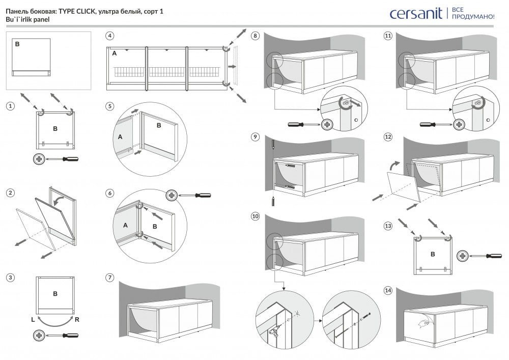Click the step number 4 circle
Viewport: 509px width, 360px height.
coord(109,36)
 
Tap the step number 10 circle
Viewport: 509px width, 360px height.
coord(255,216)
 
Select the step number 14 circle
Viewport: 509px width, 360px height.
coord(388,290)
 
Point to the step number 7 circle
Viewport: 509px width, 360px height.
coord(109,278)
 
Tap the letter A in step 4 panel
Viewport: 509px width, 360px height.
coord(114,53)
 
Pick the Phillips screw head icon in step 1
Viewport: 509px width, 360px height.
coord(39,159)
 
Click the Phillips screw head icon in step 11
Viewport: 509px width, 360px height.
coord(459,124)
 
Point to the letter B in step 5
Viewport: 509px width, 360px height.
coord(158,125)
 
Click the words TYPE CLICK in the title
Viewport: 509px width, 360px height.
coord(76,11)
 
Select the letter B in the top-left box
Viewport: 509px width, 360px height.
coord(17,45)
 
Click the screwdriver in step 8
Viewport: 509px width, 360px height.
coord(302,124)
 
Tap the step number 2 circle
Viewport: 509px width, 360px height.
coord(10,193)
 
